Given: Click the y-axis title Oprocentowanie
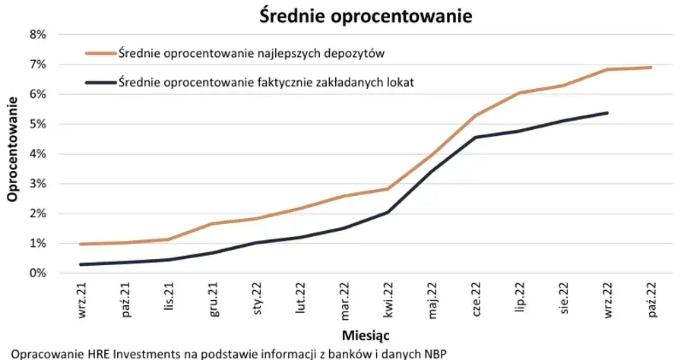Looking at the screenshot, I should pyautogui.click(x=12, y=154).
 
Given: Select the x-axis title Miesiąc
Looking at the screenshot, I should pyautogui.click(x=366, y=335).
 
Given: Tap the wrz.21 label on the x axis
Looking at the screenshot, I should pyautogui.click(x=83, y=298).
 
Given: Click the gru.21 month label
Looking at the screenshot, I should pyautogui.click(x=214, y=298).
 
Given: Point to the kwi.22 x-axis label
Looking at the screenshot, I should pyautogui.click(x=388, y=298).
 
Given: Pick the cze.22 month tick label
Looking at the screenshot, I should pyautogui.click(x=476, y=298).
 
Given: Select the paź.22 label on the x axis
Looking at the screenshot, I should pyautogui.click(x=651, y=298).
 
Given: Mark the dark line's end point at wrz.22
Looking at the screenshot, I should pyautogui.click(x=607, y=113).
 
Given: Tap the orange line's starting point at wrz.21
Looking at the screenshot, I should pyautogui.click(x=81, y=244).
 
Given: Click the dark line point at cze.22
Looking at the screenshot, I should pyautogui.click(x=476, y=137).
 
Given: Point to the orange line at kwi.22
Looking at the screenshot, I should pyautogui.click(x=388, y=189).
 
